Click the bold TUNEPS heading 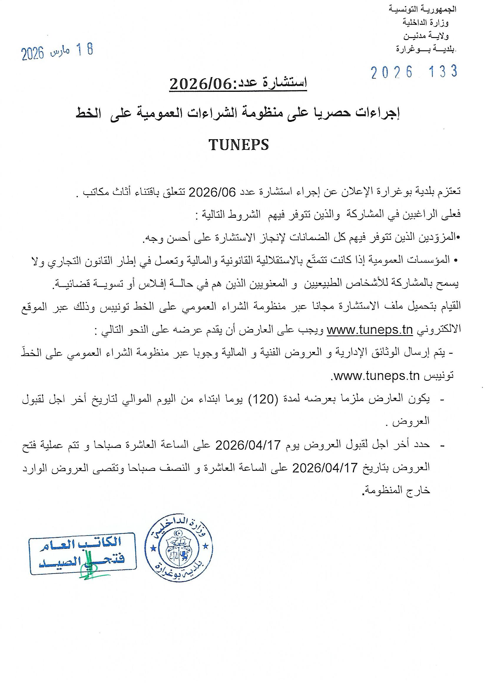(x=239, y=145)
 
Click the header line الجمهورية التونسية (x=422, y=9)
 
